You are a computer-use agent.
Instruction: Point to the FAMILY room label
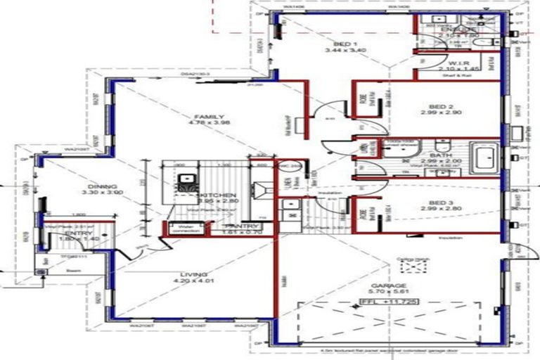coord(210,117)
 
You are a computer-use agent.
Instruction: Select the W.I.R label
coord(454,63)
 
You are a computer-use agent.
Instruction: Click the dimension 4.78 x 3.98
coord(210,125)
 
